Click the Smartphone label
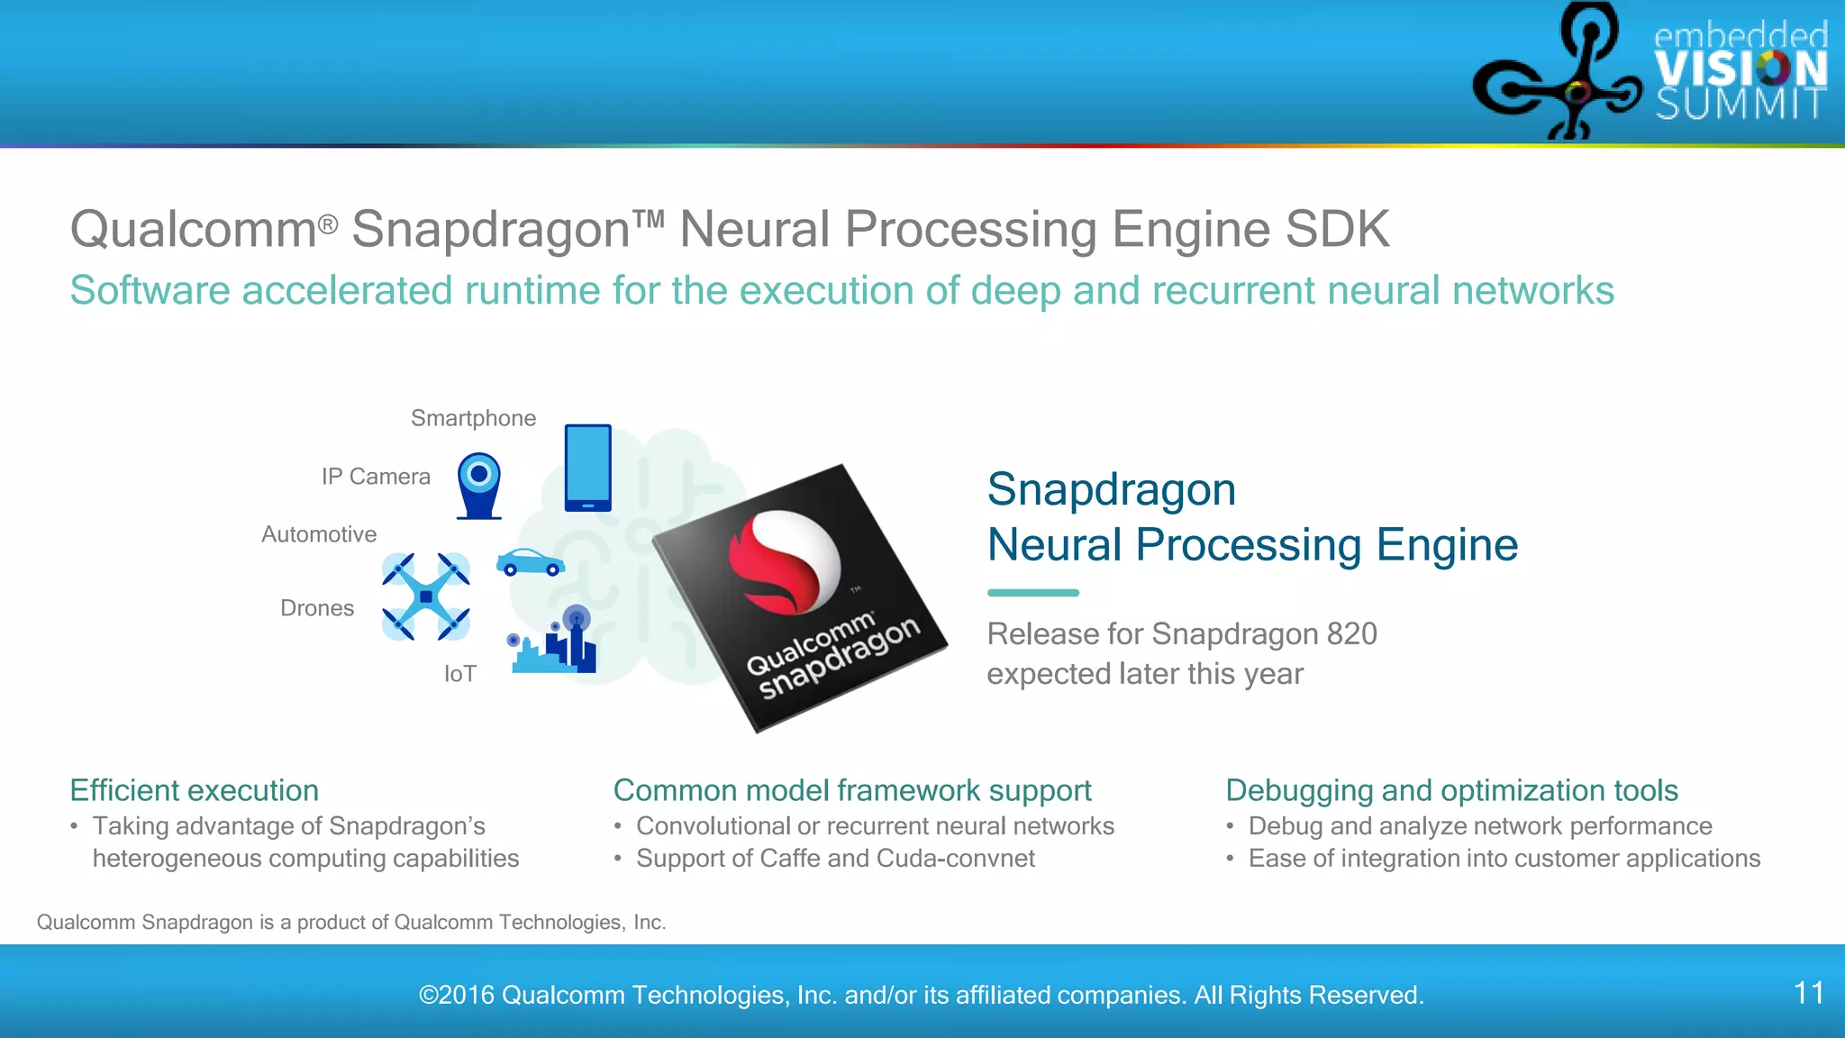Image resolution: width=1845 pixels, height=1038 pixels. tap(473, 418)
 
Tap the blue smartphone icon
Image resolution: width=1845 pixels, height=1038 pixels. tap(587, 468)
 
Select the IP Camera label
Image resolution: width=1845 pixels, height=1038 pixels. tap(376, 477)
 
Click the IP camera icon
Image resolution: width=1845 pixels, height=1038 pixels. tap(479, 485)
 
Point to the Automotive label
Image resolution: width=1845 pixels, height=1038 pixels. tap(319, 534)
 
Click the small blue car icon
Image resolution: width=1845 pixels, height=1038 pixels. tap(531, 562)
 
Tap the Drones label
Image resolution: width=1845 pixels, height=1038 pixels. tap(317, 608)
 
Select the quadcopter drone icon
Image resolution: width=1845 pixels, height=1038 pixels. tap(426, 596)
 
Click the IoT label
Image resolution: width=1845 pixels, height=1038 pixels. tap(459, 674)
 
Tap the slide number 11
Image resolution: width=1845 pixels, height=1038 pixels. tap(1809, 993)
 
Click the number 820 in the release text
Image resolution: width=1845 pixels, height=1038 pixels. tap(1351, 634)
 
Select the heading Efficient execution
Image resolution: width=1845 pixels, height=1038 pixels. tap(195, 790)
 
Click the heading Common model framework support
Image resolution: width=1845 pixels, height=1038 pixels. tap(852, 790)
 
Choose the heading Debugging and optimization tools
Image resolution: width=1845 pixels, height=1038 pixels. tap(1451, 790)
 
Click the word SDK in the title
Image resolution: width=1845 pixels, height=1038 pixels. tap(1337, 229)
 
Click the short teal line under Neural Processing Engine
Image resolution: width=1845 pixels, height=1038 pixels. tap(1032, 593)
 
